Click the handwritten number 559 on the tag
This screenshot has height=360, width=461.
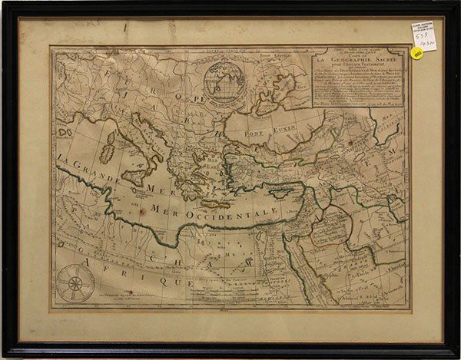[x=421, y=36]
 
